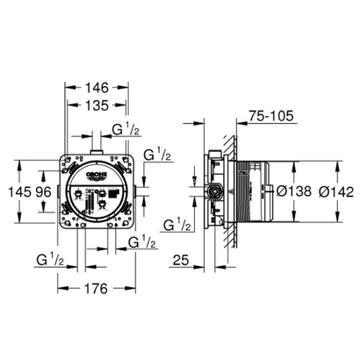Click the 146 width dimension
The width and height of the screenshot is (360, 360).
(x=97, y=89)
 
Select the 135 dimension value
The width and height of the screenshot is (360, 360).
(x=97, y=106)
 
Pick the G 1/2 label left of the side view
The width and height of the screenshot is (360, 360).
(x=176, y=226)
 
